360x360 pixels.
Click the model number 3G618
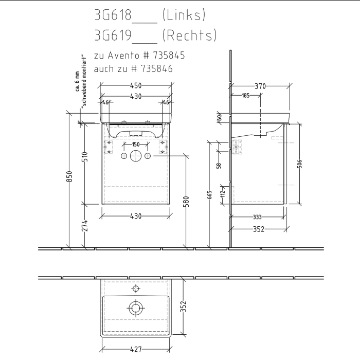tap(113, 15)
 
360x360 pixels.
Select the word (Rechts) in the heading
tap(189, 35)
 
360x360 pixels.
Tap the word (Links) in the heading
tap(184, 15)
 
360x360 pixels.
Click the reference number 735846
tap(154, 68)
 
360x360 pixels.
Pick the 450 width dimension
tap(136, 86)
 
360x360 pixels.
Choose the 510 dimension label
tap(85, 156)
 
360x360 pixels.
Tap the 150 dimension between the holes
tap(135, 145)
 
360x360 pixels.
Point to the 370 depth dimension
tap(260, 86)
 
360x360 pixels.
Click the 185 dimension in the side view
tap(245, 96)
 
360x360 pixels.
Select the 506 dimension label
tap(300, 164)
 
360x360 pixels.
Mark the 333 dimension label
tap(259, 217)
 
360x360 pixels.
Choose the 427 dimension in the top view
tap(136, 350)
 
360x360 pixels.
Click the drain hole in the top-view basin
tap(135, 309)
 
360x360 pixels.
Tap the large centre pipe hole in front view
tap(136, 156)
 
